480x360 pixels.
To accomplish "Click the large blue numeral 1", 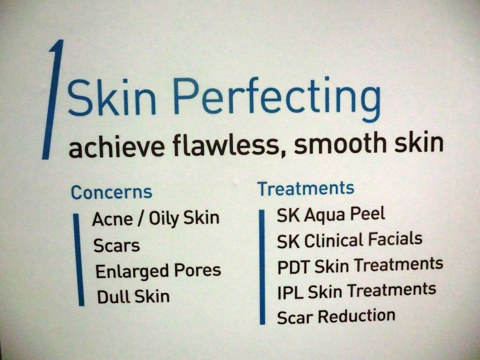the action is pyautogui.click(x=53, y=99).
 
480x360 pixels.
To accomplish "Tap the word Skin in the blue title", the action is pyautogui.click(x=112, y=97).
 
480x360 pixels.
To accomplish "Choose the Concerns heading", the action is pyautogui.click(x=112, y=192).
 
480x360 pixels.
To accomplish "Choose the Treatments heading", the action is pyautogui.click(x=306, y=188).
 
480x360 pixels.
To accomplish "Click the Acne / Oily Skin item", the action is pyautogui.click(x=156, y=219).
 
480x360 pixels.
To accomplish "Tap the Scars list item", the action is pyautogui.click(x=117, y=245).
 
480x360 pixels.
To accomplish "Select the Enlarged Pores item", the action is pyautogui.click(x=158, y=271).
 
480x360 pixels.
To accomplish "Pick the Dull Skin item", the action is pyautogui.click(x=133, y=297).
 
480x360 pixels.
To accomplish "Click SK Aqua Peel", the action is pyautogui.click(x=331, y=215).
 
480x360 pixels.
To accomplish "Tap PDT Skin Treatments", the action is pyautogui.click(x=360, y=265).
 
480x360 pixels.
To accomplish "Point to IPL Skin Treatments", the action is pyautogui.click(x=357, y=291).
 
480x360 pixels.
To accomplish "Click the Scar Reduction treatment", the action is pyautogui.click(x=336, y=316).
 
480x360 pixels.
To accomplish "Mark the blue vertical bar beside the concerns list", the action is pyautogui.click(x=79, y=260).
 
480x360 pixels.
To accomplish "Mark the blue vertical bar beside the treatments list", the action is pyautogui.click(x=262, y=267).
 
